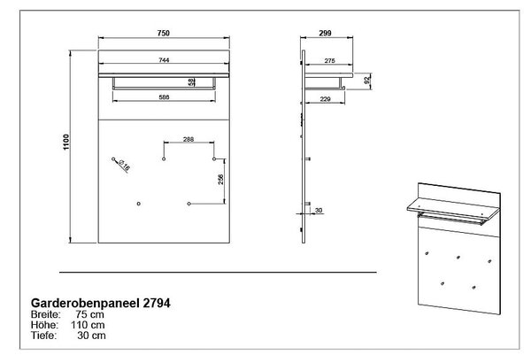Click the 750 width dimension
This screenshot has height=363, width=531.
pos(163,34)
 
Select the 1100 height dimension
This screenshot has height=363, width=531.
pos(66,142)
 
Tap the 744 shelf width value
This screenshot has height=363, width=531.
pos(164,60)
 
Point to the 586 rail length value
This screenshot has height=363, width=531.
pos(164,97)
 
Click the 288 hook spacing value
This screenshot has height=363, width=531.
pos(189,139)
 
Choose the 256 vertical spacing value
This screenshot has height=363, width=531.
pos(220,180)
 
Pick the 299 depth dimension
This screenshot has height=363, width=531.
pos(325,34)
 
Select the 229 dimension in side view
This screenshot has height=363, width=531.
pos(325,99)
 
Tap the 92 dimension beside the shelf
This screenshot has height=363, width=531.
pos(366,81)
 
